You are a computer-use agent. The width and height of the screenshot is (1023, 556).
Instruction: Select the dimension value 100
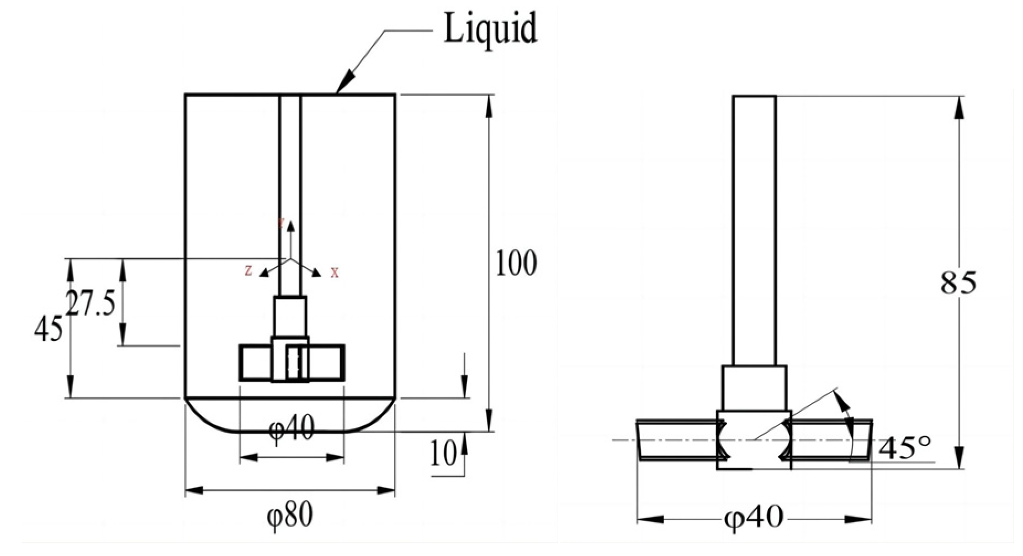point(516,264)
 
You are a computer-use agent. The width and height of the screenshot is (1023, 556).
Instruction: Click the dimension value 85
point(958,282)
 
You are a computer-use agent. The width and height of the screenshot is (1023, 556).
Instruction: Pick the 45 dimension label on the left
point(48,331)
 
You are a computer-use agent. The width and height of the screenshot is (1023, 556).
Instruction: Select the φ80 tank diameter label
point(290,514)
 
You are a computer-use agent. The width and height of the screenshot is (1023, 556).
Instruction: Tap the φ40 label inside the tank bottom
point(291,427)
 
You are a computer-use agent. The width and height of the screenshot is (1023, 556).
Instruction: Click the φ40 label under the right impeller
point(753,517)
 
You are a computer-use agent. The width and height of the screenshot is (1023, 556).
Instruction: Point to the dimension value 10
point(443,454)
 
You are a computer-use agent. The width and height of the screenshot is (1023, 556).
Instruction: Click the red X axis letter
point(335,273)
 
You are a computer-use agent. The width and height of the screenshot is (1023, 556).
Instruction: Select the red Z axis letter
point(248,271)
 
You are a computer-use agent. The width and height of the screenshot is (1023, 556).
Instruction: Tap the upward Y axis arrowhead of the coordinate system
point(291,225)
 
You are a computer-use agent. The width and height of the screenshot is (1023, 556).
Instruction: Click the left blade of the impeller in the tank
point(255,363)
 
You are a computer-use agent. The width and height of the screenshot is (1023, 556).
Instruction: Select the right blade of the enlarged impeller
point(831,440)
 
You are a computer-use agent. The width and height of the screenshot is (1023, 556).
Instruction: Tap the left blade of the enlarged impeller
point(678,440)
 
